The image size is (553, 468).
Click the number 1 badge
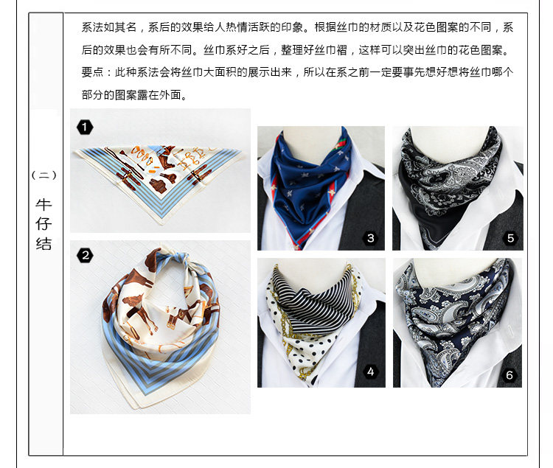point(85,128)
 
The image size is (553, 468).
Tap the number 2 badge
point(85,255)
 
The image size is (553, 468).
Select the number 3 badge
point(371,238)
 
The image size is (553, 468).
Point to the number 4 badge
point(371,371)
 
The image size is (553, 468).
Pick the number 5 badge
point(510,238)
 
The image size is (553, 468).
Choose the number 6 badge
point(509,375)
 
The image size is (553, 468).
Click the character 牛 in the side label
point(44,204)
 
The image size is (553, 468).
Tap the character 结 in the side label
point(44,244)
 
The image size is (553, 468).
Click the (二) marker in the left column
point(44,175)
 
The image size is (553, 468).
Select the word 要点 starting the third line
point(92,72)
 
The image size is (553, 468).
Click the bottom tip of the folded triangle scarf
point(161,223)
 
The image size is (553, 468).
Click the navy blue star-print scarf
point(310,186)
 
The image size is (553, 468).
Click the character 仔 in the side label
point(44,224)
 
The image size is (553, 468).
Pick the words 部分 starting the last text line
point(92,95)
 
